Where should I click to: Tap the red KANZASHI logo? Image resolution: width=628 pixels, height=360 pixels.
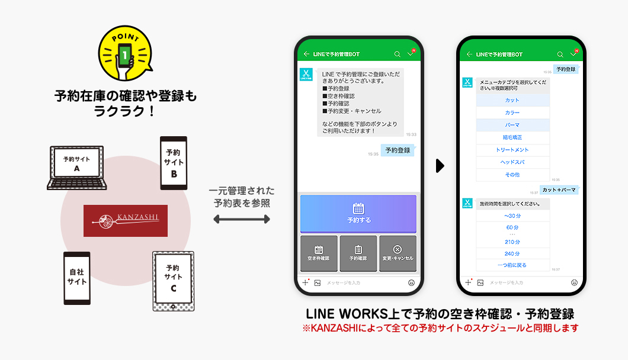[126, 220]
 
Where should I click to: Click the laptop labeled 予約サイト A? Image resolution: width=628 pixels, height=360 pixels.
[76, 167]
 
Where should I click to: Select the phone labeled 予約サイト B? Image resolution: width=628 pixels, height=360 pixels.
[174, 162]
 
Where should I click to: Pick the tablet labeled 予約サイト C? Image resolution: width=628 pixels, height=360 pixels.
[173, 280]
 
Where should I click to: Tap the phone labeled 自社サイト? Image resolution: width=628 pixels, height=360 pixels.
[77, 278]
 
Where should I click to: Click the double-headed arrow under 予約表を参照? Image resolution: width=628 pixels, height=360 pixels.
[241, 220]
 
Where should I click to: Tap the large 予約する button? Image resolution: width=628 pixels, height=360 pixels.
[358, 213]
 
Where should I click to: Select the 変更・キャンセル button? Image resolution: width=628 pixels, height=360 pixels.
[398, 253]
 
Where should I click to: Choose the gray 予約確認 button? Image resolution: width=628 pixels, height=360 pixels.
[358, 253]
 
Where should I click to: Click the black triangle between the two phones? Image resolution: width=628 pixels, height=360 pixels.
[440, 166]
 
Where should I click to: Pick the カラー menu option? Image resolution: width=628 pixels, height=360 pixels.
[512, 113]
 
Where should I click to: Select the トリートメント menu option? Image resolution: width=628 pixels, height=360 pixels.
[512, 150]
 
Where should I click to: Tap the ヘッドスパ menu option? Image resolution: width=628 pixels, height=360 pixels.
[512, 162]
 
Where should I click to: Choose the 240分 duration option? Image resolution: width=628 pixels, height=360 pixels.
[512, 253]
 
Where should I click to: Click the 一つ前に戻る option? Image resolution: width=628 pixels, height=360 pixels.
[512, 265]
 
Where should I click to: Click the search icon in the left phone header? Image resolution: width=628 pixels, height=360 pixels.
[397, 54]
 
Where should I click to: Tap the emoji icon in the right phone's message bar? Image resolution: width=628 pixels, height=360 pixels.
[574, 282]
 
